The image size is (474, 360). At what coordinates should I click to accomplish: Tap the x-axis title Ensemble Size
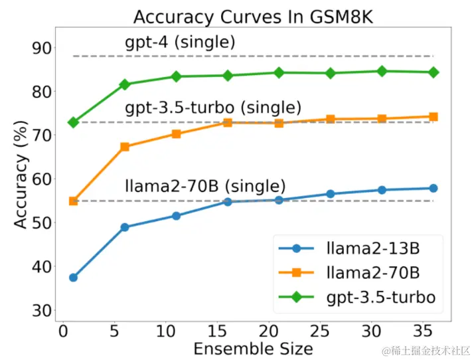click(x=253, y=347)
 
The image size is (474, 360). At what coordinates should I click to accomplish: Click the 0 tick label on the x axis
click(x=63, y=331)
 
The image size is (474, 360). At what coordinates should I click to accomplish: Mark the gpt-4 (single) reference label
click(x=180, y=43)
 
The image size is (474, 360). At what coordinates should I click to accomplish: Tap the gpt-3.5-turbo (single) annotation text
click(x=212, y=107)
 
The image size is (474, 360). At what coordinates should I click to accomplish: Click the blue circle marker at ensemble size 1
click(x=73, y=278)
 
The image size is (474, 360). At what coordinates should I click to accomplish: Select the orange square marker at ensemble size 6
click(x=125, y=147)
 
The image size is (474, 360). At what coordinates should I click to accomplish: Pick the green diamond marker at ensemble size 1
click(x=73, y=122)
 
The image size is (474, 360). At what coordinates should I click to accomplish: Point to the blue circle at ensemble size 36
click(x=433, y=188)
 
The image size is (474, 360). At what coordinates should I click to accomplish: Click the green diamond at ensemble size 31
click(x=382, y=71)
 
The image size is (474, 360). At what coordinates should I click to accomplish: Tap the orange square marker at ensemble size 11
click(x=176, y=134)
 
